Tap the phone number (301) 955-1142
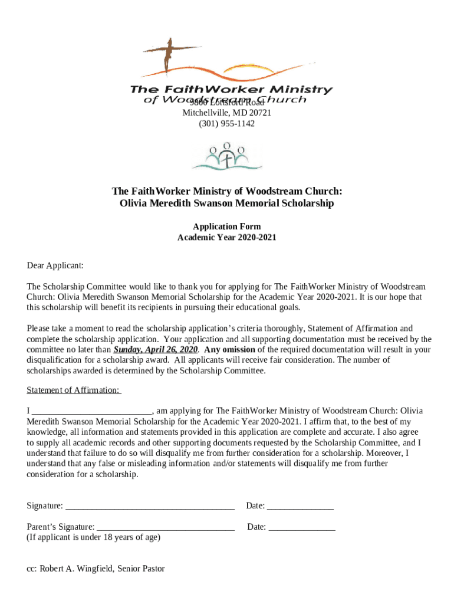click(227, 124)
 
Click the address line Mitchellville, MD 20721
click(227, 113)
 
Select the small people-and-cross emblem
click(227, 156)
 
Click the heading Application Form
click(227, 226)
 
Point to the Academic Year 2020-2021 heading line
click(227, 238)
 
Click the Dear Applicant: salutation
click(55, 265)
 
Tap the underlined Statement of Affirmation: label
click(74, 390)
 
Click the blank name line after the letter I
click(91, 411)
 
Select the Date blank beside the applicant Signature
click(300, 506)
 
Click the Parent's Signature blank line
click(165, 527)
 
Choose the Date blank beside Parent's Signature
click(302, 527)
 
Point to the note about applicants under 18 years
click(93, 537)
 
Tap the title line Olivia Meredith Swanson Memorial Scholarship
click(227, 203)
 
